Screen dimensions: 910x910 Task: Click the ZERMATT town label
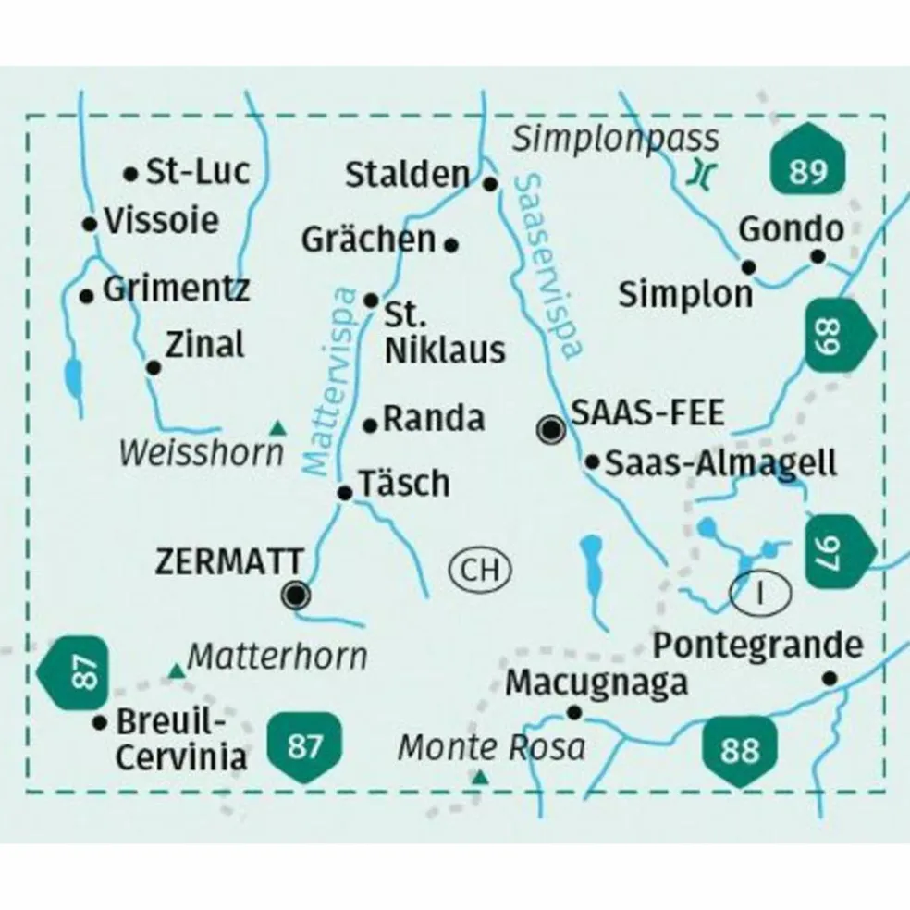click(230, 561)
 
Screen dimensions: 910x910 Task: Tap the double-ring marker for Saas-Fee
click(552, 428)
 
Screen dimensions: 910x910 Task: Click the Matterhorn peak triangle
click(175, 670)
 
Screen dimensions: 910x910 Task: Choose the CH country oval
click(481, 571)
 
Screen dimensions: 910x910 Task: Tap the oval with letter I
click(761, 591)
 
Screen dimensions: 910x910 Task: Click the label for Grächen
click(368, 240)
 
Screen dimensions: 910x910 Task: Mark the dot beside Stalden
click(492, 184)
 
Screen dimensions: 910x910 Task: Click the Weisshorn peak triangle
click(277, 427)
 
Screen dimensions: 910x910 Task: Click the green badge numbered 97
click(840, 551)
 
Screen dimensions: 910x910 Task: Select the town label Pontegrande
click(757, 646)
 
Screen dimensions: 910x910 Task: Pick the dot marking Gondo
click(818, 256)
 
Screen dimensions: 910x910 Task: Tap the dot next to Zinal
click(154, 368)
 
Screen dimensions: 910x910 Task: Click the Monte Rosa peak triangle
click(479, 779)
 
